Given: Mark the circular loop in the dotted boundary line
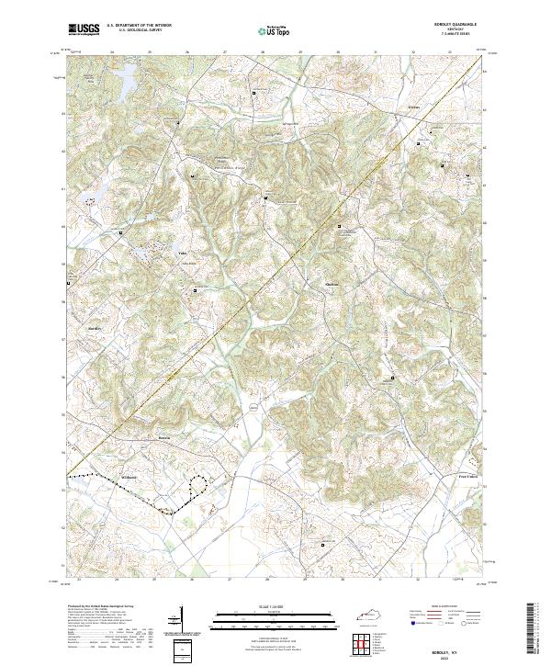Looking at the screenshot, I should coord(198,486).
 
